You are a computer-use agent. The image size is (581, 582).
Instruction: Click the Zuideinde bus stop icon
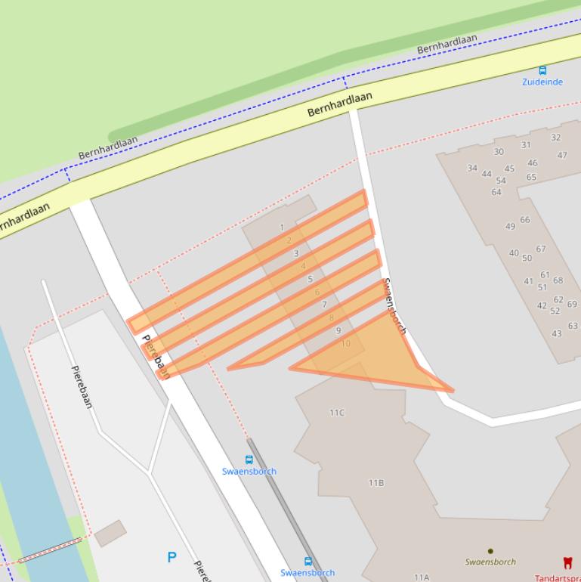pos(542,70)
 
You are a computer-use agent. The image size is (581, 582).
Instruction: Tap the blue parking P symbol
pos(172,558)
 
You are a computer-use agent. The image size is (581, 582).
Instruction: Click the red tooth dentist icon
pos(567,562)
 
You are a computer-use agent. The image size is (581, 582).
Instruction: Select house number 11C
pos(337,413)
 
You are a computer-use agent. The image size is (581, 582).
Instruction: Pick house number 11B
pos(375,482)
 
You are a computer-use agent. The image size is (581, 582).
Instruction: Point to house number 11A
pos(421,577)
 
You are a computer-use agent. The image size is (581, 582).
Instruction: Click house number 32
pos(556,138)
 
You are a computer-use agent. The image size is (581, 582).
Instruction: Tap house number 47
pos(562,155)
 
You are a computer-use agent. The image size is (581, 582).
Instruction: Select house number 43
pos(557,333)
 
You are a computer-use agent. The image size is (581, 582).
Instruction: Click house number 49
pos(511,226)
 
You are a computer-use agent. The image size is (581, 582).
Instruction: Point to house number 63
pos(573,326)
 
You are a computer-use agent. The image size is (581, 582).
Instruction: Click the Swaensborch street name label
pos(395,306)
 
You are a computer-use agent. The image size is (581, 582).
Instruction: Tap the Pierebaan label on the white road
pos(156,356)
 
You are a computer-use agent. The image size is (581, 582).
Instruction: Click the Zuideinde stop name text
pos(542,82)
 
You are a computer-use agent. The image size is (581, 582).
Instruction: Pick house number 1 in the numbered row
pos(282,227)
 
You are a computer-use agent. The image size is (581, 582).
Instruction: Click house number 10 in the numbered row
pos(346,344)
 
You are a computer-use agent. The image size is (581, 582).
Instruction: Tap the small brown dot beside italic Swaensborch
pos(490,551)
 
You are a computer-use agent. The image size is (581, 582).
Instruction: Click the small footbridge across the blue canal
pos(49,550)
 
